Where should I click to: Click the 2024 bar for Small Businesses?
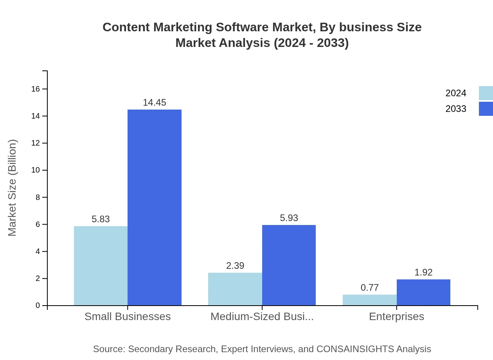click(x=101, y=266)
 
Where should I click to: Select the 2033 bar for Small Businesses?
click(x=155, y=207)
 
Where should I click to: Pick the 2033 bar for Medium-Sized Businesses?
click(x=289, y=265)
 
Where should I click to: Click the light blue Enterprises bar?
click(x=369, y=300)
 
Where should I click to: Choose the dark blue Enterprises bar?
click(x=423, y=292)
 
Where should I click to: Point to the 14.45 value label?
click(x=155, y=103)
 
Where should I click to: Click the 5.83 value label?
click(x=101, y=219)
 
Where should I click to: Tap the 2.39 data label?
click(x=235, y=266)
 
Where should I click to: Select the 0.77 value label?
click(x=370, y=288)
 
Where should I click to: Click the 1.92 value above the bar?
click(x=423, y=272)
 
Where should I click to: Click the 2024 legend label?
click(x=456, y=93)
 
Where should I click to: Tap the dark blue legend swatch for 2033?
click(x=486, y=109)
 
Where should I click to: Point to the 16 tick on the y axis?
click(x=36, y=89)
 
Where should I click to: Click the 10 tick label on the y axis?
click(x=36, y=170)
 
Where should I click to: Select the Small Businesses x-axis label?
click(x=128, y=316)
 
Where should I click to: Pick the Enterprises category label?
click(x=396, y=316)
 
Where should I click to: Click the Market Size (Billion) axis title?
click(x=12, y=188)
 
